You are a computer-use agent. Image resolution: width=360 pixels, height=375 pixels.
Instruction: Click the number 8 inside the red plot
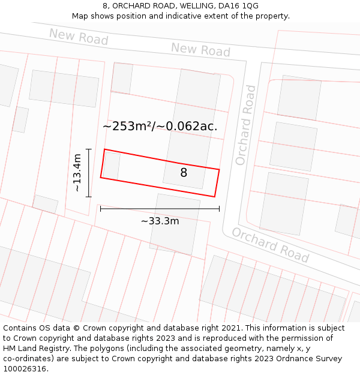click(x=184, y=173)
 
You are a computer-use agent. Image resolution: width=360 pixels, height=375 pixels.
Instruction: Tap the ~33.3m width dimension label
click(x=160, y=221)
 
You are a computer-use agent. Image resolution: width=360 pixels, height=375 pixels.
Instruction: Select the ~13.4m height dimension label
click(x=77, y=173)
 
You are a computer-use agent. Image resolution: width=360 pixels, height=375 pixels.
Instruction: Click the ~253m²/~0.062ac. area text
click(x=160, y=126)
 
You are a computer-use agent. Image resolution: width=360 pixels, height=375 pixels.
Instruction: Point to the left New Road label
click(x=79, y=37)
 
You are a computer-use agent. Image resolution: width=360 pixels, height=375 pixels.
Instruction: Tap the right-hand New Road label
click(x=200, y=49)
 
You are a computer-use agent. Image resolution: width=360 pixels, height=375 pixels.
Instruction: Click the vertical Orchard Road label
click(x=245, y=125)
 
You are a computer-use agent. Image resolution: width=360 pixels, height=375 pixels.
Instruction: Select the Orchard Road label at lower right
click(x=270, y=245)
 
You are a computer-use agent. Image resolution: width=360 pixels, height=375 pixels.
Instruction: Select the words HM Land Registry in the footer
click(x=34, y=349)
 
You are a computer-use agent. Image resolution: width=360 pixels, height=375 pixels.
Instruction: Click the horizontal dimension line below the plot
click(x=160, y=209)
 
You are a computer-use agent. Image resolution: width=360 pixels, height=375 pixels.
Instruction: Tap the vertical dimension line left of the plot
click(x=89, y=173)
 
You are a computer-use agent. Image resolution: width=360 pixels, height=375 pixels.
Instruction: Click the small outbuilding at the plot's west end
click(x=112, y=166)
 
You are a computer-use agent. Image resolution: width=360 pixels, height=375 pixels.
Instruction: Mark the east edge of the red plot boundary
click(x=217, y=183)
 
